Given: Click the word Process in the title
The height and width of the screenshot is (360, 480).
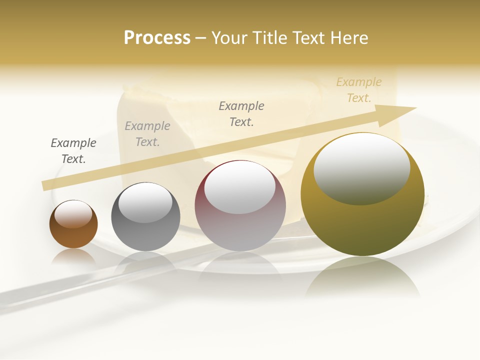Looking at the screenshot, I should click(157, 38).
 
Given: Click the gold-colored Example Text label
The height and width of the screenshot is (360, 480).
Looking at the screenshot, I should click(359, 90).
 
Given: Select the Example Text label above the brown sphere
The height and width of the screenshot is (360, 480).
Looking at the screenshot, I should click(73, 151).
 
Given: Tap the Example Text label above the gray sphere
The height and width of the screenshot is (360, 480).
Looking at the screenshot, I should click(147, 134).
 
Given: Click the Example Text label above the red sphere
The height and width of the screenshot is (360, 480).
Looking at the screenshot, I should click(241, 114).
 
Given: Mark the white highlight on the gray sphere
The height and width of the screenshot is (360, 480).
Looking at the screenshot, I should click(145, 203).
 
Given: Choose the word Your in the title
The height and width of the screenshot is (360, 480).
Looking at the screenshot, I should click(229, 38).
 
